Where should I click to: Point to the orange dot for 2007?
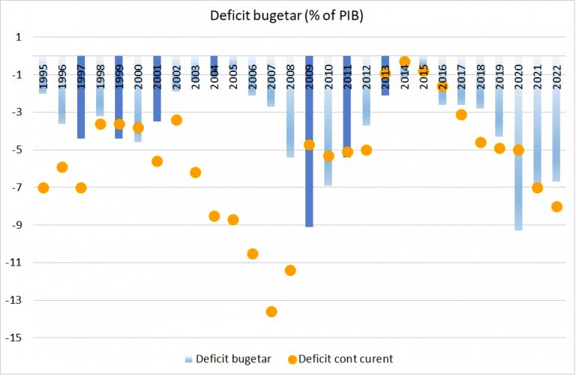pos(271,311)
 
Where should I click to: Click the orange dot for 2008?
pos(290,270)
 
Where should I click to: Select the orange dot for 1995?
pos(43,187)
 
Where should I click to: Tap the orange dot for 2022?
pos(556,206)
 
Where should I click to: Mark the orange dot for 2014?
pos(405,61)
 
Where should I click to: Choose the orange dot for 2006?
pos(253,253)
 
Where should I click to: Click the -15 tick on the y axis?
pos(15,338)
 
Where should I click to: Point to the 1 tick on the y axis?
pos(19,37)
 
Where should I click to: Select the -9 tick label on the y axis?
pos(17,225)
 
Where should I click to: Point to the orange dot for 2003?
pos(195,172)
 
